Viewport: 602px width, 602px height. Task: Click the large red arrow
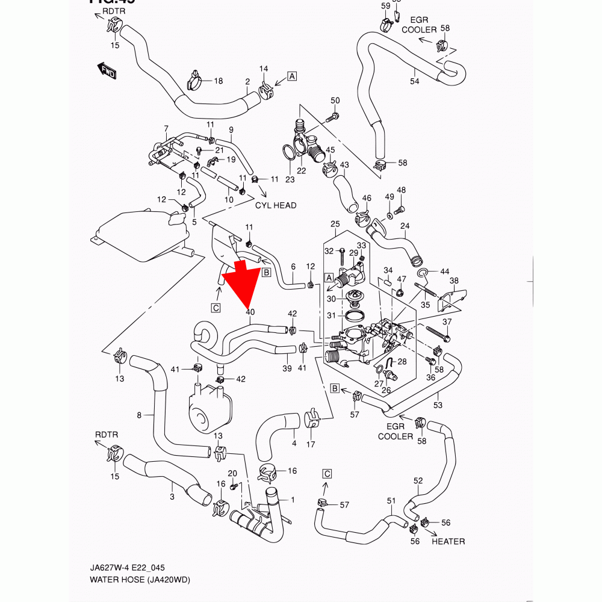point(243,280)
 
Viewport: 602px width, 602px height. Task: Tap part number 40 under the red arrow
point(250,312)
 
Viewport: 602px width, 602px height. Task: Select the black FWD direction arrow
point(106,70)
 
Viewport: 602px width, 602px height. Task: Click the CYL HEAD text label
point(276,205)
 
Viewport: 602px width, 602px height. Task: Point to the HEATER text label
point(448,541)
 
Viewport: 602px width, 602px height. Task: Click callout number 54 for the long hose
point(414,81)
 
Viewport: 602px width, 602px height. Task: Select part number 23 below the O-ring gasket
point(290,179)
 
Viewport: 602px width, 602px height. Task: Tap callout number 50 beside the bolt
point(335,101)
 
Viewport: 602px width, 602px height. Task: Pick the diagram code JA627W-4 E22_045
point(128,568)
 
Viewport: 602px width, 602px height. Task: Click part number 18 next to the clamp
point(218,81)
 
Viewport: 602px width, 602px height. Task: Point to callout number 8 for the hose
point(139,415)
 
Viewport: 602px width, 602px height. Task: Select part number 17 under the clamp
point(311,445)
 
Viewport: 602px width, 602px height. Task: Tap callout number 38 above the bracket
point(454,281)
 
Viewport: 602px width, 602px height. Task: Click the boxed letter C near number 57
point(327,473)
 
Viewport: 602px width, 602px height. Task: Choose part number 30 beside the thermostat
point(330,299)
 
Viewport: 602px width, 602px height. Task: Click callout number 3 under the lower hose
point(172,497)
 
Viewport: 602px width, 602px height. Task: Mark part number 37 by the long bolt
point(446,323)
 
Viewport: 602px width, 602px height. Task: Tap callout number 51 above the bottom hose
point(391,501)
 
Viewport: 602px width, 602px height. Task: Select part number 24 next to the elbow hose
point(405,226)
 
